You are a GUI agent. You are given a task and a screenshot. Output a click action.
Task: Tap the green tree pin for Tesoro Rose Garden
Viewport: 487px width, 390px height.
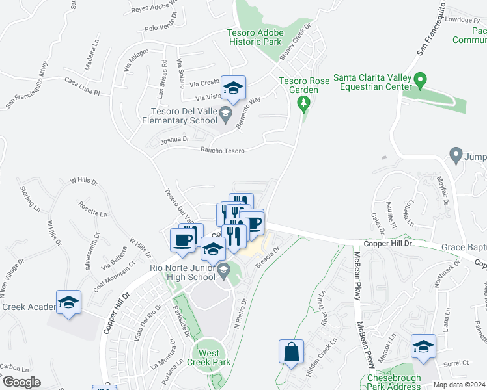(303, 103)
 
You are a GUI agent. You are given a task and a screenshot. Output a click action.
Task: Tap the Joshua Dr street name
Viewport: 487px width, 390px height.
(176, 139)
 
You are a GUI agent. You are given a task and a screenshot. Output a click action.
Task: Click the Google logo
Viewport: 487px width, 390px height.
(21, 382)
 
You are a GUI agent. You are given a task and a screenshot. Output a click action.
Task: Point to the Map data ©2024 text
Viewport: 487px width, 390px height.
(459, 385)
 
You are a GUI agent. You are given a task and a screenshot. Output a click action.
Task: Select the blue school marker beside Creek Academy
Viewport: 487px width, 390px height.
(68, 302)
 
